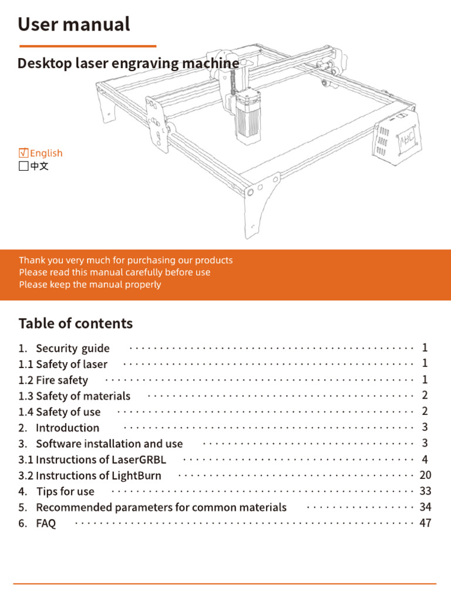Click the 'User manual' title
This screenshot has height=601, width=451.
pyautogui.click(x=73, y=25)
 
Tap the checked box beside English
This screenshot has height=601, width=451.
pyautogui.click(x=23, y=153)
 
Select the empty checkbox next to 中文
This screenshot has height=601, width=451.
pyautogui.click(x=23, y=166)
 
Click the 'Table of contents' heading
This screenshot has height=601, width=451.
pyautogui.click(x=76, y=323)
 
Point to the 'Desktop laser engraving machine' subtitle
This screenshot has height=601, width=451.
pyautogui.click(x=128, y=63)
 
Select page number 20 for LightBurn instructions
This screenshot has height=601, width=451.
pyautogui.click(x=425, y=475)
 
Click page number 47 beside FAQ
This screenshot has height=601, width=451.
pyautogui.click(x=425, y=522)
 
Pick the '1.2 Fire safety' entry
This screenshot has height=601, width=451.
pyautogui.click(x=53, y=380)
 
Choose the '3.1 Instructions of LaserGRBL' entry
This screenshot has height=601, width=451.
pyautogui.click(x=92, y=460)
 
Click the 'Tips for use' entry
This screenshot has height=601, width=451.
pyautogui.click(x=65, y=491)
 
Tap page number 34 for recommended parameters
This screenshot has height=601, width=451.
pyautogui.click(x=425, y=507)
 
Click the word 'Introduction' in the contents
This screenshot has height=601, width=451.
pyautogui.click(x=68, y=428)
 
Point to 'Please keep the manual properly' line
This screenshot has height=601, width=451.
pyautogui.click(x=90, y=285)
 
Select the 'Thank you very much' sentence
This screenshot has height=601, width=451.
pyautogui.click(x=126, y=260)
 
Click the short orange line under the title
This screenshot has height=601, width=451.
pyautogui.click(x=87, y=46)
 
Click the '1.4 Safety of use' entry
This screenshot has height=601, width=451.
pyautogui.click(x=59, y=412)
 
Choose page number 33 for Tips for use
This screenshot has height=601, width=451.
pyautogui.click(x=425, y=491)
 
